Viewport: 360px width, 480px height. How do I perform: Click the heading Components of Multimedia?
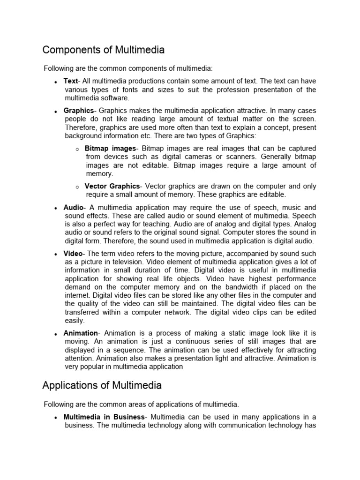pos(103,50)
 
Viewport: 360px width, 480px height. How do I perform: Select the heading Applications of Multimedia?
pos(102,385)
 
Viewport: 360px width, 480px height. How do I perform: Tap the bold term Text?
pos(70,81)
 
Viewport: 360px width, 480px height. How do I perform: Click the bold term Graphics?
pos(79,111)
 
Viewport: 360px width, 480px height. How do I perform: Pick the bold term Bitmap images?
pos(110,149)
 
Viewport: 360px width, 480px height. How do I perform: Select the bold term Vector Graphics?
pos(112,186)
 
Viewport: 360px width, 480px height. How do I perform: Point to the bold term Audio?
pos(73,207)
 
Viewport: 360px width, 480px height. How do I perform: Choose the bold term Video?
pos(73,253)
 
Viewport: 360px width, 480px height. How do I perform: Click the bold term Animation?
pos(81,333)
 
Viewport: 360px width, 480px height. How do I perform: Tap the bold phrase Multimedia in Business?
pos(104,417)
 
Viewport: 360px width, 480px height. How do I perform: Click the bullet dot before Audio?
pos(56,208)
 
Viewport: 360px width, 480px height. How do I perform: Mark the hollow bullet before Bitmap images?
pos(77,149)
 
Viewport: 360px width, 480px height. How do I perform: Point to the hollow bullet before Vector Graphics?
pos(77,187)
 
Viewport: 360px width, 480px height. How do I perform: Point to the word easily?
pos(74,321)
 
